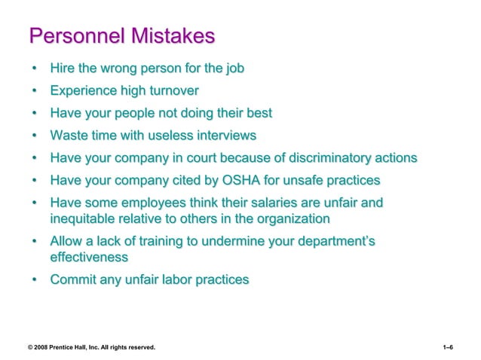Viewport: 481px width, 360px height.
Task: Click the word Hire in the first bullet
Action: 63,69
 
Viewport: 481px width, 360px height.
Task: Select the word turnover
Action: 172,91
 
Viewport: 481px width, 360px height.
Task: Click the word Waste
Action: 69,136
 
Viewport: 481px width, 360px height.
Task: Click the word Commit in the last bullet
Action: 73,280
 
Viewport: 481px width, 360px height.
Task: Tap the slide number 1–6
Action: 448,347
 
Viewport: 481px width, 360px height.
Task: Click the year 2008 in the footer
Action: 42,347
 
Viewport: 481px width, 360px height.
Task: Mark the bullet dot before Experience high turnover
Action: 35,92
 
